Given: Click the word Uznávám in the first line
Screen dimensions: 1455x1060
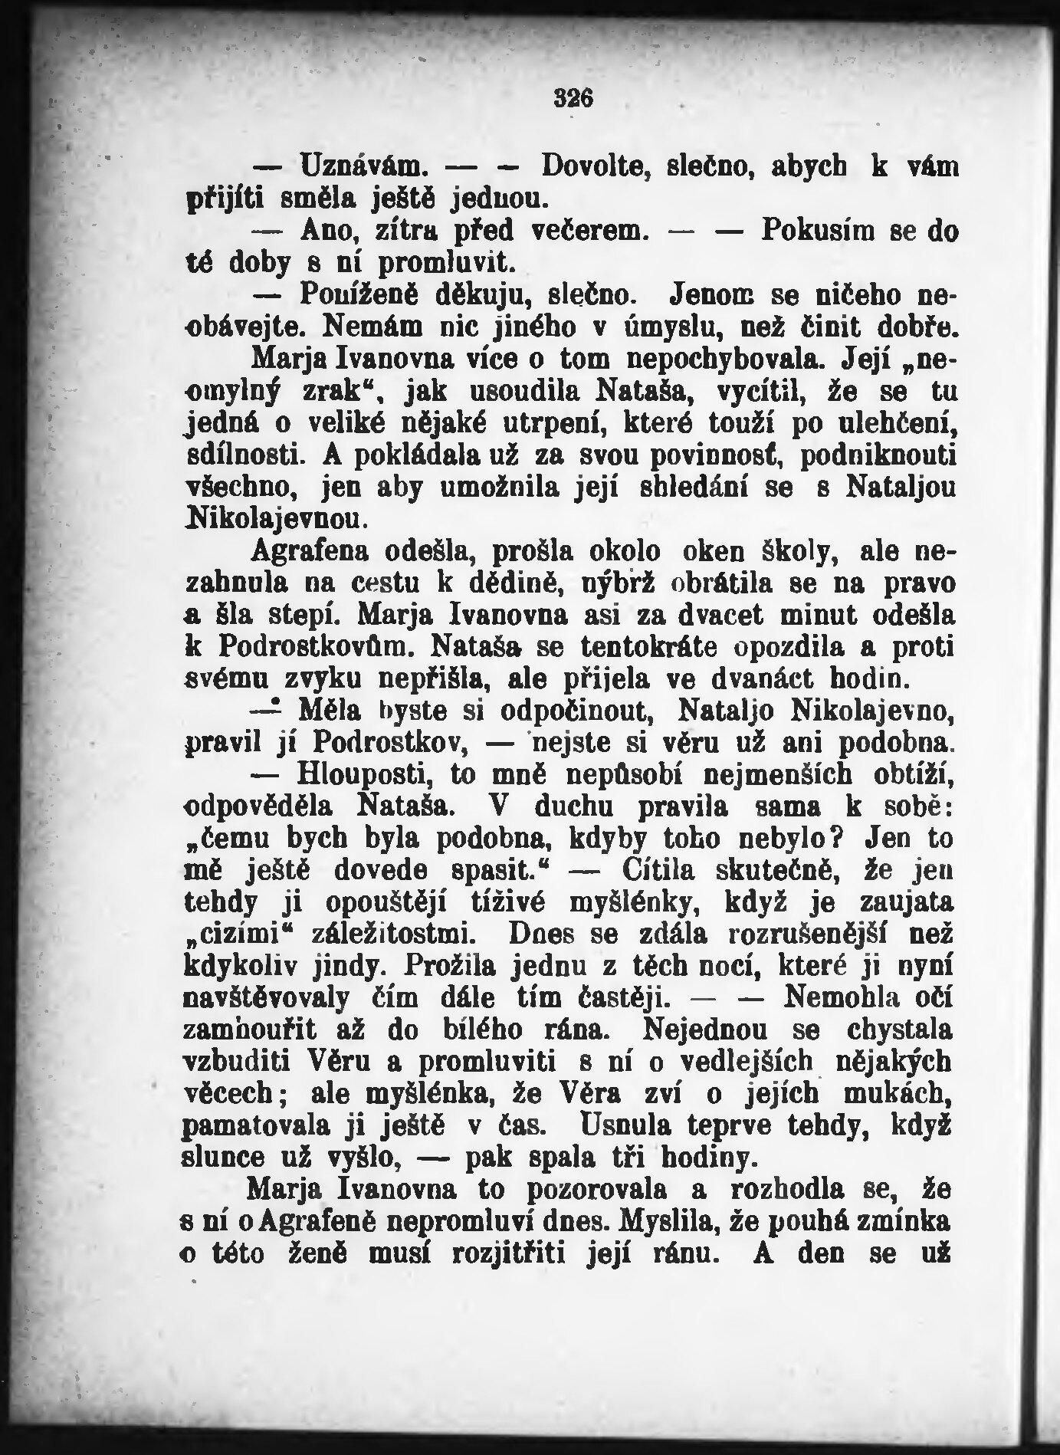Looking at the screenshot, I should coord(360,165).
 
